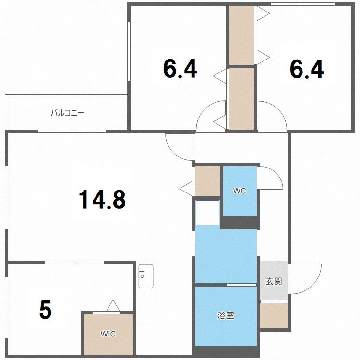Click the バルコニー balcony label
[x=68, y=113]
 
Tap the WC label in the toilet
[x=240, y=191]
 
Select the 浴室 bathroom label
[x=226, y=315]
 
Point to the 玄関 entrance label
[x=274, y=281]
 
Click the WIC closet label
[x=108, y=334]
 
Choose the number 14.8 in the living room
[x=102, y=200]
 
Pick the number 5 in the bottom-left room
[x=46, y=310]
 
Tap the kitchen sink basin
[x=146, y=276]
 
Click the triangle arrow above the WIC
[x=113, y=305]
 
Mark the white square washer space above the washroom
[x=207, y=213]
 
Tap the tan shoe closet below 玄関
[x=274, y=316]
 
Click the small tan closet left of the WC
[x=207, y=181]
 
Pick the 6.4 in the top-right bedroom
[x=307, y=69]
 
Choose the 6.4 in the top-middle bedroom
[x=180, y=69]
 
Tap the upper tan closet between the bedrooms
[x=241, y=35]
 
